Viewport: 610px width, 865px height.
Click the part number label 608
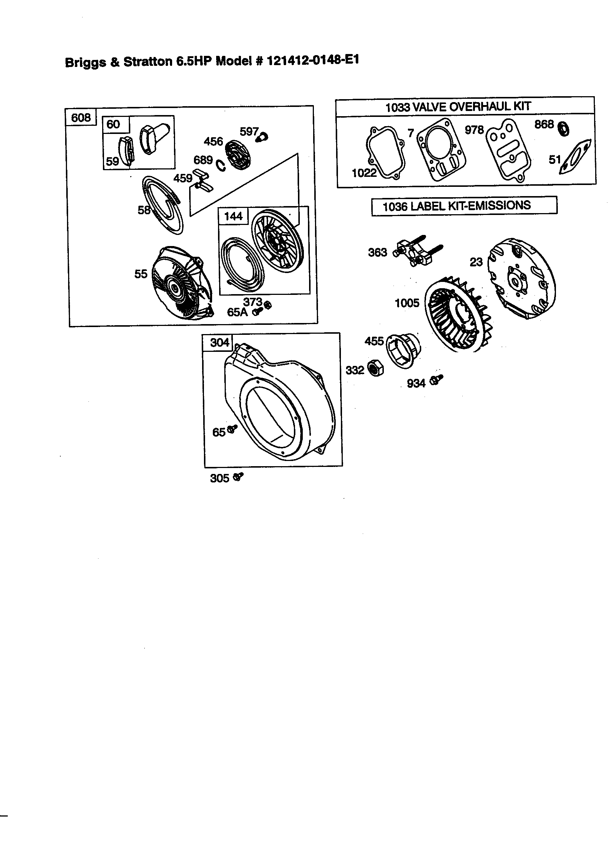click(x=81, y=118)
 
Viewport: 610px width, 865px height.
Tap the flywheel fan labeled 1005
click(x=458, y=317)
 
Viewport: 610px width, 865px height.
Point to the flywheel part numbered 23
click(x=522, y=279)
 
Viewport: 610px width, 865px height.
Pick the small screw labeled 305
click(x=238, y=477)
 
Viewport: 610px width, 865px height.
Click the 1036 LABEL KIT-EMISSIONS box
click(x=464, y=206)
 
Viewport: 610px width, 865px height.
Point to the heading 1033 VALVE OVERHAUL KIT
click(x=458, y=107)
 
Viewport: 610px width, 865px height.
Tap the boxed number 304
click(x=219, y=343)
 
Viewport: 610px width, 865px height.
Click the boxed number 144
click(x=233, y=216)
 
